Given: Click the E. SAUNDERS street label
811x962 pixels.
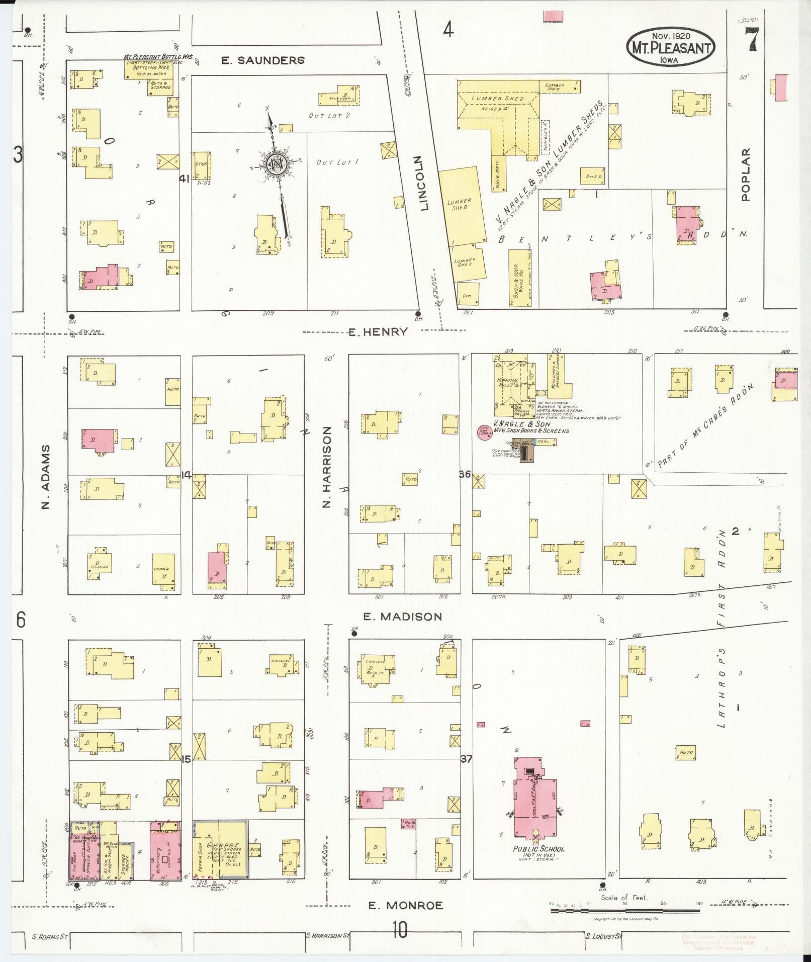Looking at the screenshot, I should click(x=263, y=60).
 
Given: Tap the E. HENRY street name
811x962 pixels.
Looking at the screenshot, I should click(x=378, y=331).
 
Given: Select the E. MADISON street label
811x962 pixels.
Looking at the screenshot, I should click(x=402, y=617).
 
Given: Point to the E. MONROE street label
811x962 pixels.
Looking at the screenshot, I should click(x=405, y=906).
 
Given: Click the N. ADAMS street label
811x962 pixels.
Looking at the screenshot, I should click(x=46, y=476).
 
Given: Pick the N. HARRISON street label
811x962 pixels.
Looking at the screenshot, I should click(x=327, y=467).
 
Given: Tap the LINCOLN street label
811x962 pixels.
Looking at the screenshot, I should click(x=423, y=183).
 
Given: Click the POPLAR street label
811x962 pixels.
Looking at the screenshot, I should click(x=745, y=174).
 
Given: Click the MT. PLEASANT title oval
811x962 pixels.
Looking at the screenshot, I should click(x=671, y=48).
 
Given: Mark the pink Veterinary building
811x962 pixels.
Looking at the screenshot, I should click(x=165, y=850).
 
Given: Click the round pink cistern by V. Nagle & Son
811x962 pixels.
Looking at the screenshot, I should click(x=485, y=432).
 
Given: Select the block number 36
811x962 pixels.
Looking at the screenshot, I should click(x=464, y=474).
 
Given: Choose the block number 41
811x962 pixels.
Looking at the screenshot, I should click(x=184, y=178).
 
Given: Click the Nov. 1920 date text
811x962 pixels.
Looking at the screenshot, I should click(x=671, y=36).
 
